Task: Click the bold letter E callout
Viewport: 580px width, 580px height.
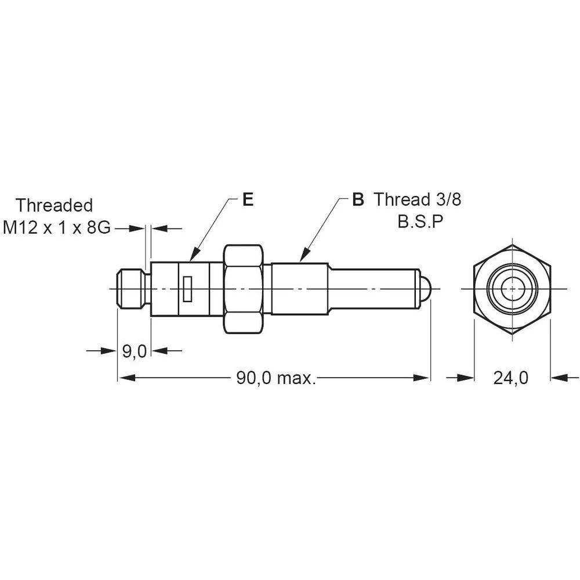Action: click(x=248, y=200)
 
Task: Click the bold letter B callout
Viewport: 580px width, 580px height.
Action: click(x=358, y=200)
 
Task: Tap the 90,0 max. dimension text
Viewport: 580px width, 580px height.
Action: click(x=276, y=378)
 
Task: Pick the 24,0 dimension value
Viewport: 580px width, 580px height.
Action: click(x=511, y=378)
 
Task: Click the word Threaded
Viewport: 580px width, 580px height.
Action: click(x=54, y=205)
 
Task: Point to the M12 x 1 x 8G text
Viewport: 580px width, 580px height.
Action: click(x=57, y=228)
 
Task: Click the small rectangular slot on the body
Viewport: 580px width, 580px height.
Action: click(x=187, y=289)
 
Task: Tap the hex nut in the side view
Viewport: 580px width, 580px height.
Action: click(x=244, y=289)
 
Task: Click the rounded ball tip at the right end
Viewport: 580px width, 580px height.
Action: click(x=425, y=288)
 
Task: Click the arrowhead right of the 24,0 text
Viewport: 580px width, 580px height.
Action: click(x=558, y=378)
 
